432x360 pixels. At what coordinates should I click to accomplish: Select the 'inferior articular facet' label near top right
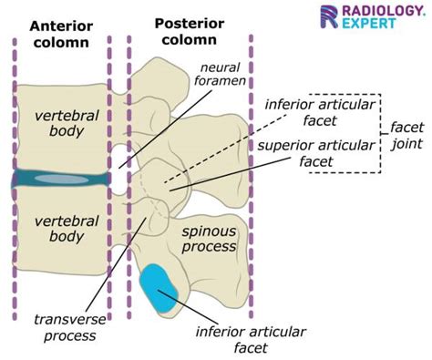pyautogui.click(x=316, y=111)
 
